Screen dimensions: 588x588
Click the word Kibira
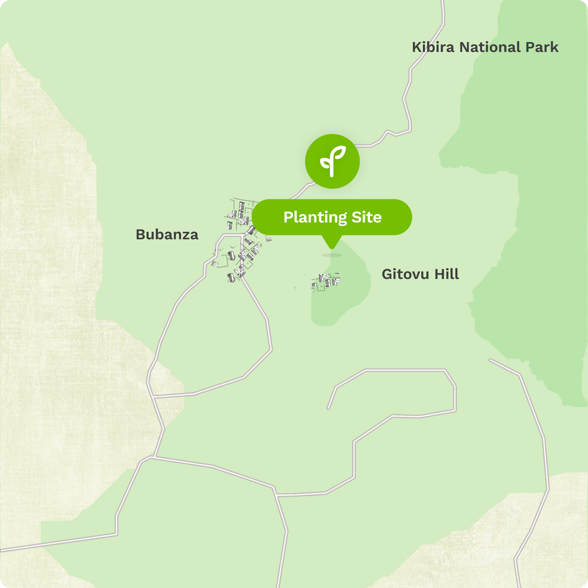coord(433,47)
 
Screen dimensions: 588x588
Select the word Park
coord(542,47)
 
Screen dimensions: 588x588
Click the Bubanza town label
coord(167,235)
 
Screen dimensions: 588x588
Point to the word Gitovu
coord(405,274)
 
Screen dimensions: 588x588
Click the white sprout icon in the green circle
coord(332,161)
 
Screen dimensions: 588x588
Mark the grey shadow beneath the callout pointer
coord(332,255)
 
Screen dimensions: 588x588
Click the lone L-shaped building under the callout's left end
coord(269,238)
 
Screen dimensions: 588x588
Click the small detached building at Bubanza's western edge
coord(215,264)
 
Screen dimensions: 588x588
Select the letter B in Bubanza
coord(141,235)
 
